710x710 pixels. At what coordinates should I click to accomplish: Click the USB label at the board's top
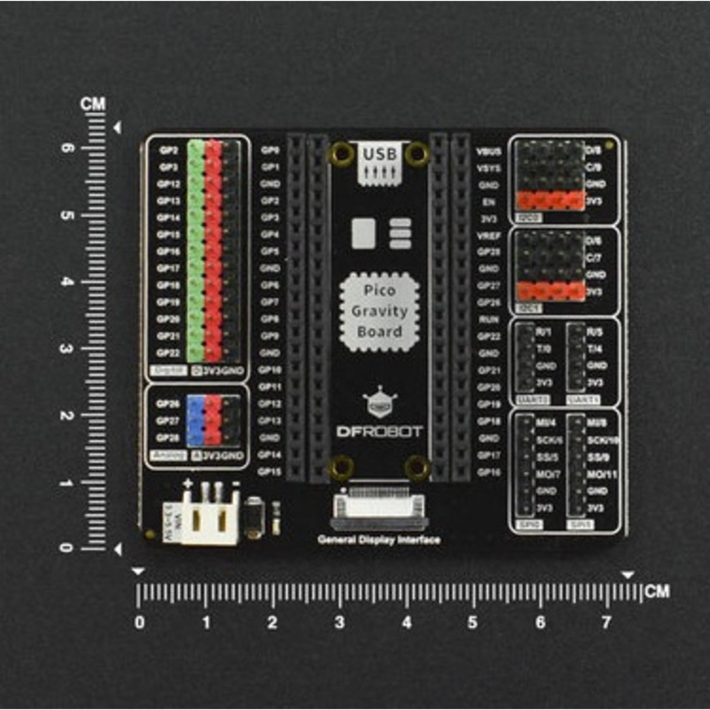click(379, 154)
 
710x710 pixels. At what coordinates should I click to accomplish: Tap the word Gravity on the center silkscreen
click(379, 311)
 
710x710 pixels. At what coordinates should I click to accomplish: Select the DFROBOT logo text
click(379, 432)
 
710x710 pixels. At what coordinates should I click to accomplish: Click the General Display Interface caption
click(379, 540)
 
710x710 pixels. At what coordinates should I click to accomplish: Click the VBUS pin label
click(488, 151)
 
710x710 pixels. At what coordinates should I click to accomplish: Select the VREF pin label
click(488, 236)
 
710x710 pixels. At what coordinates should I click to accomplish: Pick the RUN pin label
click(488, 320)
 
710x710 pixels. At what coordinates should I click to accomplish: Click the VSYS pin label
click(488, 168)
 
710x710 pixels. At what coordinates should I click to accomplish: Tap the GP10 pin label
click(270, 370)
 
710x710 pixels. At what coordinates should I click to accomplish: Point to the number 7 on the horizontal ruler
click(606, 622)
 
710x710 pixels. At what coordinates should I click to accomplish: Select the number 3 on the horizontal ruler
click(339, 622)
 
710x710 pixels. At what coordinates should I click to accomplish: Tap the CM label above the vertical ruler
click(93, 104)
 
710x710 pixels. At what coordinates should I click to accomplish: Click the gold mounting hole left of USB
click(342, 154)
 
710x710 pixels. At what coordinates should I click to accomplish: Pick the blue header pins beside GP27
click(195, 421)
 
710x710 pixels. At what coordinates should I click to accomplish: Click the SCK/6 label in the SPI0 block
click(549, 440)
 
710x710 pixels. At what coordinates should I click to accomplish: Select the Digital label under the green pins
click(168, 371)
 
